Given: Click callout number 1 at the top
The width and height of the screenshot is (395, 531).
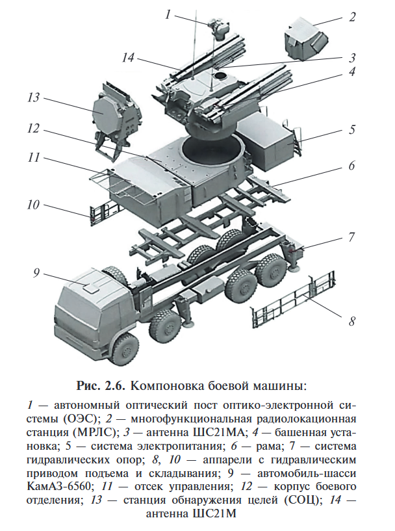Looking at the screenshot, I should pos(168,14).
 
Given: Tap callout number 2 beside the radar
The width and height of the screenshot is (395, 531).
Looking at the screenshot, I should pos(353,16).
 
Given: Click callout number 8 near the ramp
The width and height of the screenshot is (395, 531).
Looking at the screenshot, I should pos(352,320).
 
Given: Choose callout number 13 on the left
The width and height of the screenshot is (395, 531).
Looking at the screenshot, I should pos(34,98).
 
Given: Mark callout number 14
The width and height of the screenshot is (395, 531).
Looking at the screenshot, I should pos(127,58).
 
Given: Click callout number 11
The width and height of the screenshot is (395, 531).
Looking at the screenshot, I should pos(34,158).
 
